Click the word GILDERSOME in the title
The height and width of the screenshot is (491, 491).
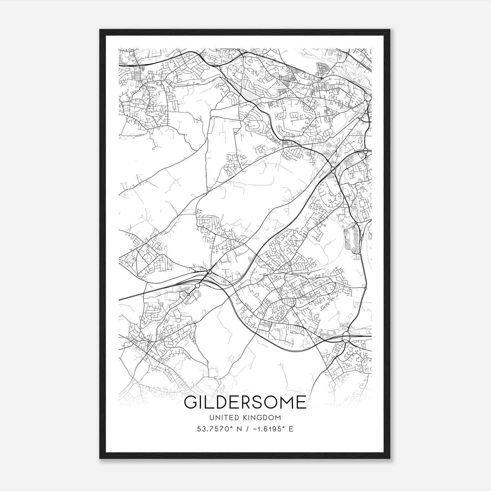click(x=245, y=402)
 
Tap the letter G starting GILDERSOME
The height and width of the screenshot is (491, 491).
click(x=191, y=402)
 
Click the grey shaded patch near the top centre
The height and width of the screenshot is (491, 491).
click(x=249, y=96)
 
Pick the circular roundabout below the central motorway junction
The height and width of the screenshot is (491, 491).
click(x=197, y=285)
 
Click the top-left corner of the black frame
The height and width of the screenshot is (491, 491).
click(x=100, y=30)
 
